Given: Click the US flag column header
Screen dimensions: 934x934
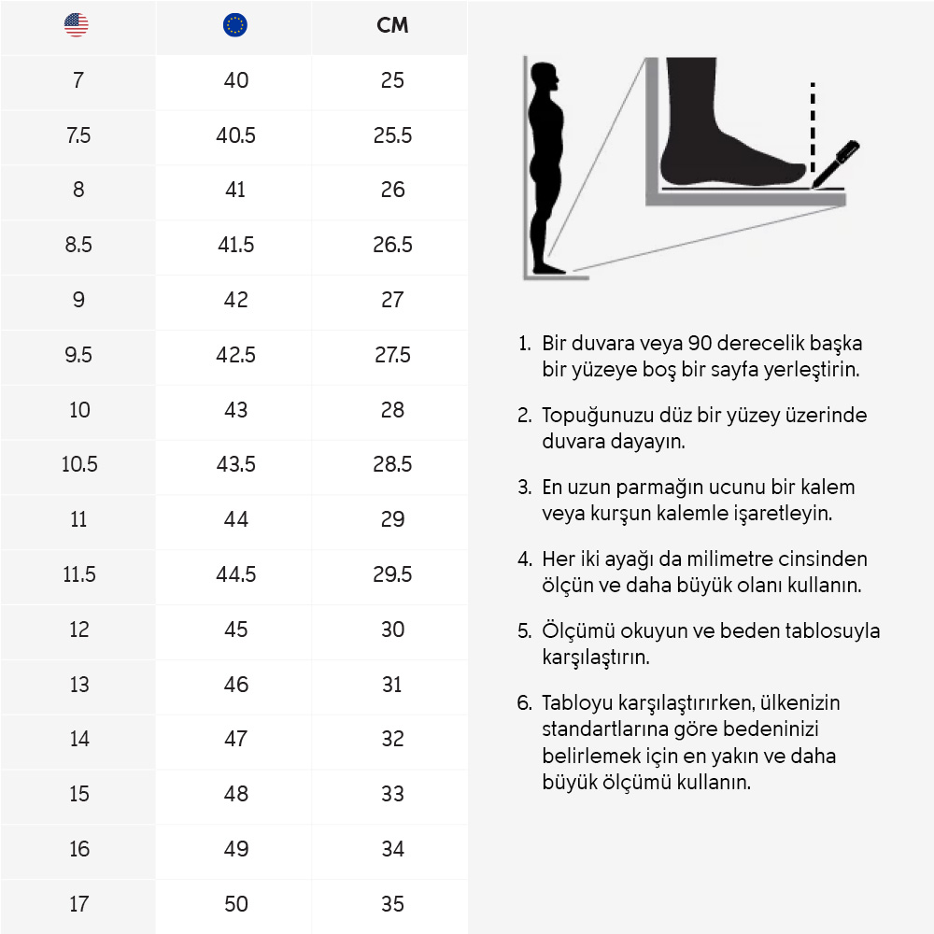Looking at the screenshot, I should tap(77, 26).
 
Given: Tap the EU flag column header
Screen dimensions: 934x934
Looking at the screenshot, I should tap(235, 26).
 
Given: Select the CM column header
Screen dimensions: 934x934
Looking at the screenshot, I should tap(392, 26).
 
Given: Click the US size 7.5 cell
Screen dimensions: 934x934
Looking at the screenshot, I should tap(78, 135).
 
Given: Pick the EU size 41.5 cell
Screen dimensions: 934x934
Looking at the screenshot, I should tap(235, 245).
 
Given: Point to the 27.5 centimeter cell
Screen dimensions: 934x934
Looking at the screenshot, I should tap(392, 355).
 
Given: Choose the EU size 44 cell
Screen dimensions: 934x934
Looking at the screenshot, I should tap(235, 519).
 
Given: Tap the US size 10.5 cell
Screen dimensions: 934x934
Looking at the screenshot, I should tap(79, 464).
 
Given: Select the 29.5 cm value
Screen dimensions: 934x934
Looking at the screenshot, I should tap(392, 574).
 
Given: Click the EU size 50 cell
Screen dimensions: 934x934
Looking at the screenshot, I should tap(235, 903).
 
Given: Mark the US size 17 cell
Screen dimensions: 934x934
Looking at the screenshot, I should tap(79, 903).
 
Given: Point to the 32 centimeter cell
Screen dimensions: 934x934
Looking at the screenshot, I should tap(392, 739).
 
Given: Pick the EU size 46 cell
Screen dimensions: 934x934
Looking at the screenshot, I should tap(235, 685).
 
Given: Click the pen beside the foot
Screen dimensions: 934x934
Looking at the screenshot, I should tap(836, 161).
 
